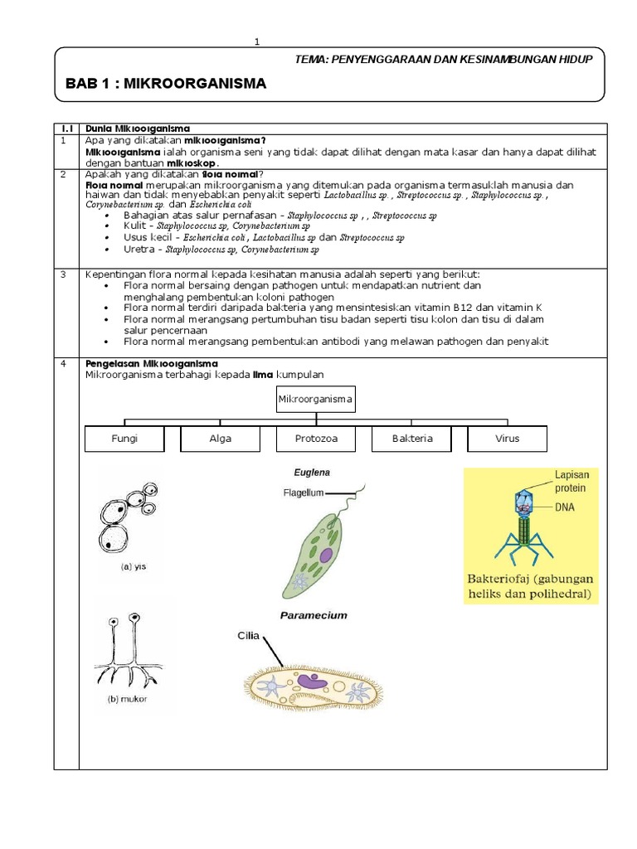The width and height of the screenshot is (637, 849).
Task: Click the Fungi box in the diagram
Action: click(x=124, y=439)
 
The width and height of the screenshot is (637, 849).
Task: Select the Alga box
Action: click(x=220, y=439)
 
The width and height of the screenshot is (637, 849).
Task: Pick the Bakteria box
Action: click(x=412, y=439)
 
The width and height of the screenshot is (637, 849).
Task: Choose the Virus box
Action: click(x=507, y=439)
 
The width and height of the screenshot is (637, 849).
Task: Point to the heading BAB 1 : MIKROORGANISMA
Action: click(x=165, y=84)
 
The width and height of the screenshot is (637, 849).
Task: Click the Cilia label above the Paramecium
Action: click(x=249, y=636)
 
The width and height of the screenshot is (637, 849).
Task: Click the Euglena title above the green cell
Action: click(x=312, y=473)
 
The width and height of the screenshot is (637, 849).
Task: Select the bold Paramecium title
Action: click(x=313, y=615)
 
